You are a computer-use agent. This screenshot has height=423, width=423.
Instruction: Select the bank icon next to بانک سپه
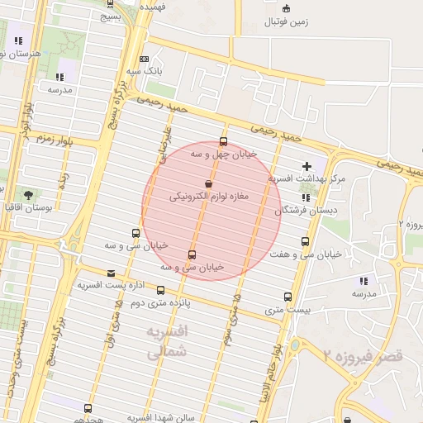(144, 59)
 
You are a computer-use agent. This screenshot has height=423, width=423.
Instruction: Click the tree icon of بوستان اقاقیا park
(29, 196)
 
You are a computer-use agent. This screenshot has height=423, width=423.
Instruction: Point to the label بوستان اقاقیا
(49, 209)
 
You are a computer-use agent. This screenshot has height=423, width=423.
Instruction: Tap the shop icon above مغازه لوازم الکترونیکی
(208, 183)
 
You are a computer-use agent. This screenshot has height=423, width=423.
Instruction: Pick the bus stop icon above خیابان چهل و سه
(223, 141)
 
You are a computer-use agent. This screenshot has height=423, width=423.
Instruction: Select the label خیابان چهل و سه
(224, 154)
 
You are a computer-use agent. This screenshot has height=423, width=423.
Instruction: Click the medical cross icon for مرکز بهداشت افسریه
(308, 167)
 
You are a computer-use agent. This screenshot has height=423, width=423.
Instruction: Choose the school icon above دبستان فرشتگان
(307, 197)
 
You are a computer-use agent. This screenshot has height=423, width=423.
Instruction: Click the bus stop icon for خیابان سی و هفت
(306, 241)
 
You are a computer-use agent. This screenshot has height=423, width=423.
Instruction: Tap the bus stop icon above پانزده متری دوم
(160, 290)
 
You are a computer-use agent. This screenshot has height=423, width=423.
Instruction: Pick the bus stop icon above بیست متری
(288, 297)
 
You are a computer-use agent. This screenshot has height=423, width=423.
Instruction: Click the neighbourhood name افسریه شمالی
(168, 341)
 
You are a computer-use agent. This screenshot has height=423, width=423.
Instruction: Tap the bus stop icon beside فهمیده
(111, 3)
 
